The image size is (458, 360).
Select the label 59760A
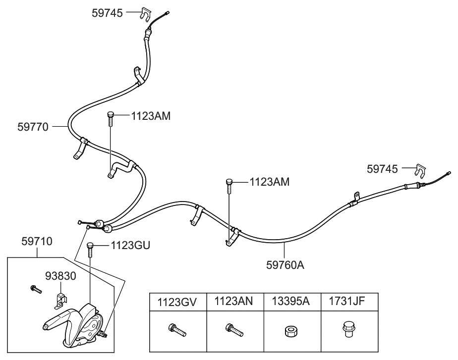pyautogui.click(x=285, y=264)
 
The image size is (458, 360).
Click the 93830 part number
pyautogui.click(x=61, y=276)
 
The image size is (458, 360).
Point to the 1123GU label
pyautogui.click(x=130, y=245)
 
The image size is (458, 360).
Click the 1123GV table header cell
pyautogui.click(x=176, y=301)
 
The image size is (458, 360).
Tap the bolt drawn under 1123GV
pyautogui.click(x=177, y=330)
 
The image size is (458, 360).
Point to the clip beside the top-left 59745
pyautogui.click(x=142, y=14)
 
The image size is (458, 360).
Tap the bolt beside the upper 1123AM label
pyautogui.click(x=110, y=119)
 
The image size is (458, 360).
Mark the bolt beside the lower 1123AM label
pyautogui.click(x=229, y=185)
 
